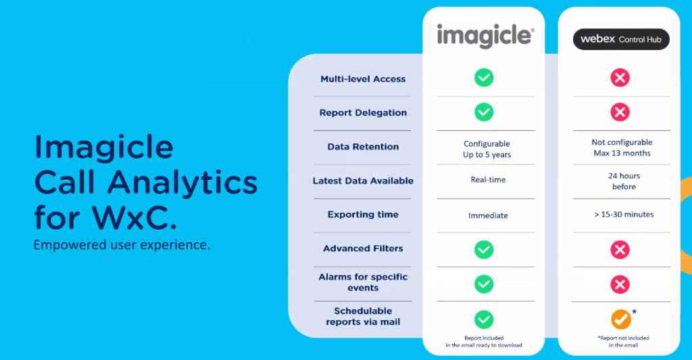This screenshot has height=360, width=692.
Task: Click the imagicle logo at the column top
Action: click(x=485, y=35)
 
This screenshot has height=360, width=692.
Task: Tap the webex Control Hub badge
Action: click(x=621, y=39)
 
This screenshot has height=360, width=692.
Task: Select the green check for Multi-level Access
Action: click(x=484, y=78)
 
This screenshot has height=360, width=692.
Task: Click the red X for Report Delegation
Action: click(x=620, y=112)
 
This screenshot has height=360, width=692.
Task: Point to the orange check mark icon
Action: click(x=620, y=319)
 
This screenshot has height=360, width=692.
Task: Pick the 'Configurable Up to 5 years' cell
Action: click(x=487, y=149)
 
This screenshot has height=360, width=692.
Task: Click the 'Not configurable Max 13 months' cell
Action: click(x=622, y=148)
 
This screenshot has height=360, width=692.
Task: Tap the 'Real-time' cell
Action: click(x=488, y=180)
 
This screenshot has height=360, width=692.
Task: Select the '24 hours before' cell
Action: click(x=624, y=181)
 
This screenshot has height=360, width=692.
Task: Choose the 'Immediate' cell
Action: click(x=488, y=215)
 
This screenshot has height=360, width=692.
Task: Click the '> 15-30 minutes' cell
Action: click(x=624, y=214)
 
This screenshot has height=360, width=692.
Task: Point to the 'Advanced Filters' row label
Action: click(x=363, y=249)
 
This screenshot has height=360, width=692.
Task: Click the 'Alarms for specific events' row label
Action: click(x=363, y=282)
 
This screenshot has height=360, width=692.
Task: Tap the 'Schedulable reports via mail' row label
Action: click(x=363, y=316)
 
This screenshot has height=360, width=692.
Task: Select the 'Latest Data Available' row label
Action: click(x=363, y=180)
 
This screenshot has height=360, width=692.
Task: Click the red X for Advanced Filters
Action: click(x=620, y=250)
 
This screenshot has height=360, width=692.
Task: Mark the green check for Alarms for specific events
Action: click(x=484, y=284)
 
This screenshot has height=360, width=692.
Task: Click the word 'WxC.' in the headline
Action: click(x=134, y=217)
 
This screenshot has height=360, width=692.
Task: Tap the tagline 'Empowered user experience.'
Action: click(x=122, y=245)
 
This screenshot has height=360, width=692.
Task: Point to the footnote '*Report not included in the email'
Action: click(x=623, y=342)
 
